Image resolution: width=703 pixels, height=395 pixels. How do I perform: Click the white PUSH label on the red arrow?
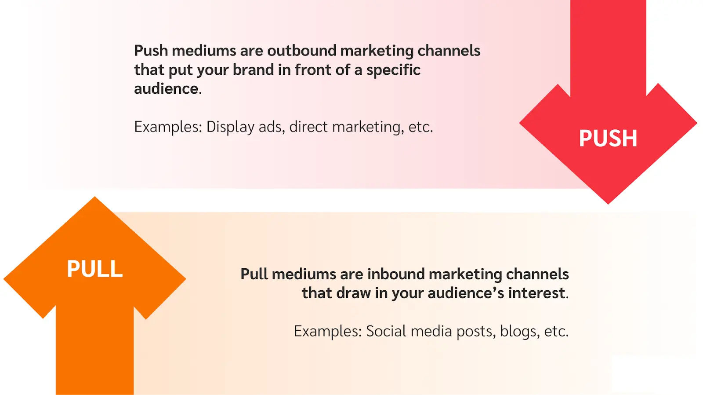click(x=608, y=138)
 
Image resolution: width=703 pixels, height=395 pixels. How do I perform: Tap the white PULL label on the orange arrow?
click(x=94, y=269)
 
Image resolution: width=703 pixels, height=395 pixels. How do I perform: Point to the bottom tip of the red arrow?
click(x=608, y=202)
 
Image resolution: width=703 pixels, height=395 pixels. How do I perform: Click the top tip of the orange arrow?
click(x=94, y=198)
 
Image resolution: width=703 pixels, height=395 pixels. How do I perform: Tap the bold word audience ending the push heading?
click(x=166, y=89)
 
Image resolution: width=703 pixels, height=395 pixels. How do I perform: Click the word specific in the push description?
click(x=393, y=70)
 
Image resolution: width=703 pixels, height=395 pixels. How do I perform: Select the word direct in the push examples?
click(x=308, y=127)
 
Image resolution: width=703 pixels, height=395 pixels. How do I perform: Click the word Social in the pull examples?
click(x=386, y=331)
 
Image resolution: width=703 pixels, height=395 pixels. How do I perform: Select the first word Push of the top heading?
click(x=151, y=51)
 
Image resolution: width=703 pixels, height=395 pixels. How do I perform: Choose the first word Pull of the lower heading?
click(x=254, y=274)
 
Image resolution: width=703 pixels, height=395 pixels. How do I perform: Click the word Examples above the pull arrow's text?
click(x=327, y=331)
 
